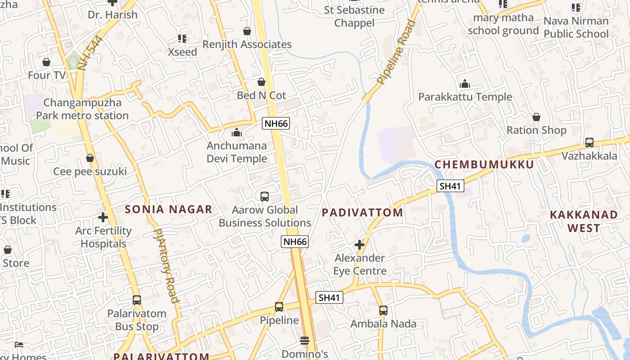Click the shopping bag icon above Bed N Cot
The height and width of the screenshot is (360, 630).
[x=261, y=82]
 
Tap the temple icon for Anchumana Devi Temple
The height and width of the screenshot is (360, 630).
[x=237, y=132]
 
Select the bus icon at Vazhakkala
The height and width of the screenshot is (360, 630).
[x=589, y=143]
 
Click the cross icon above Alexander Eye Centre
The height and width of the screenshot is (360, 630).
[x=359, y=245]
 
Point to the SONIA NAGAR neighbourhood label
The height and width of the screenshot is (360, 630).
[x=168, y=209]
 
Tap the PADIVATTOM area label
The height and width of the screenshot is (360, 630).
[x=363, y=213]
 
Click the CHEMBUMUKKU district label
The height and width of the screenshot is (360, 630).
[x=484, y=165]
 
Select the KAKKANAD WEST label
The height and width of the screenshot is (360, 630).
[x=584, y=221]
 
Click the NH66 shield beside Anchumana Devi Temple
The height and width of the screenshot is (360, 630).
[x=276, y=124]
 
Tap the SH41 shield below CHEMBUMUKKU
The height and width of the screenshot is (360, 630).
[x=450, y=186]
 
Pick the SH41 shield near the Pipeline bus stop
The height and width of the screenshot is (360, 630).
[x=329, y=297]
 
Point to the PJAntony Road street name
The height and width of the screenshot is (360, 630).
[x=165, y=265]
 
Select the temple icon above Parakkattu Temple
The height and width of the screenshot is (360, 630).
[x=465, y=84]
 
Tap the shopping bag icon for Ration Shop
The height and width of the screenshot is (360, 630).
[x=536, y=117]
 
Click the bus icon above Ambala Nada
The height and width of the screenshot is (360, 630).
[x=383, y=310]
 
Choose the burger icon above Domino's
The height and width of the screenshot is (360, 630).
[x=305, y=340]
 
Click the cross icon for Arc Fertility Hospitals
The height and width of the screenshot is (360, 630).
[x=103, y=217]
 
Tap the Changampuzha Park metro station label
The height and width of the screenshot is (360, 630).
[x=82, y=109]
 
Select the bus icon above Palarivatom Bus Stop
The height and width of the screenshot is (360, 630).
[x=136, y=300]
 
